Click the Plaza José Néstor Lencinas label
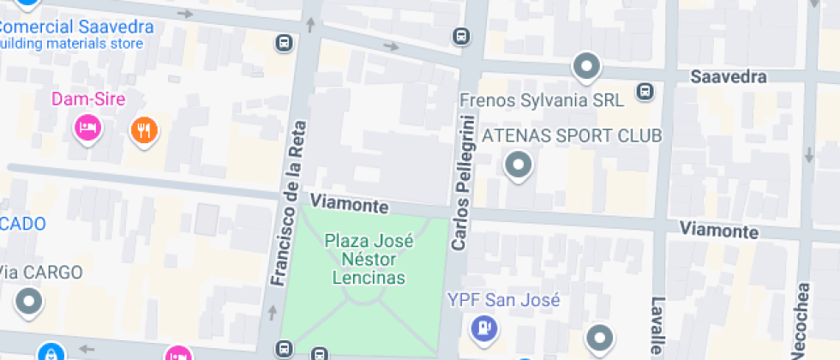coord(369,259)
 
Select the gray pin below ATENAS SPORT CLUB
coord(517,165)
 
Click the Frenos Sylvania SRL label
coord(542,100)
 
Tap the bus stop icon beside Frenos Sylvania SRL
coord(645,92)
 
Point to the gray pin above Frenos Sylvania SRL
coord(586,66)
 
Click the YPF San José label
coord(504,300)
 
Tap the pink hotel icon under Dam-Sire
coord(87,129)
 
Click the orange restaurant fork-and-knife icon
coord(144,129)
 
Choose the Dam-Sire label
coord(88,99)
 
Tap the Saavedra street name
coord(728,78)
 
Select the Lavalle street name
coord(657,326)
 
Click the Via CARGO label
coord(40,273)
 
